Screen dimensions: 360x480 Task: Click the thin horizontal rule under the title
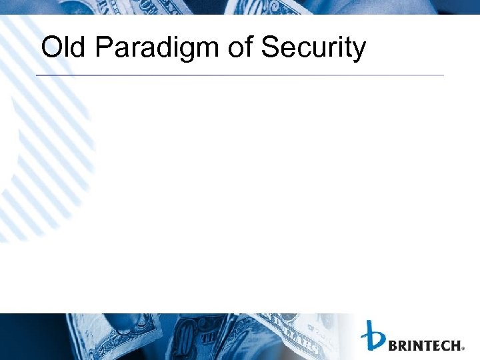240,75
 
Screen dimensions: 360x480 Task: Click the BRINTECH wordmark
425,345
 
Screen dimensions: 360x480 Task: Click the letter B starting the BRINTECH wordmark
393,345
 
